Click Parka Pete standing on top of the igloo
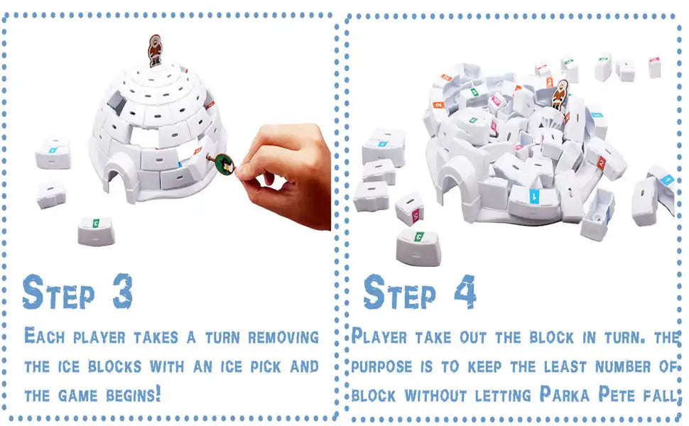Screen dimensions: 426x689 [x=155, y=50]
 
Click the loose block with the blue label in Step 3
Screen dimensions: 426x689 [x=53, y=151]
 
